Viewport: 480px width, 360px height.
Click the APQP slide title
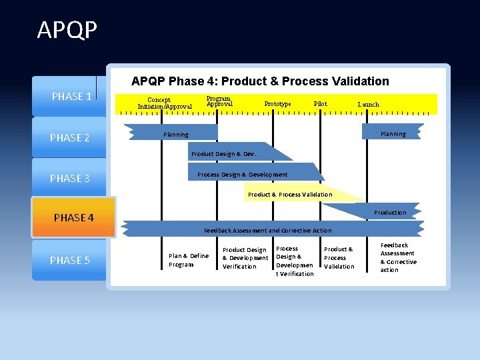tap(67, 30)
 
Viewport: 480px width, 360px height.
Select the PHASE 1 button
tap(71, 97)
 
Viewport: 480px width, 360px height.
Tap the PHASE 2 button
tap(69, 138)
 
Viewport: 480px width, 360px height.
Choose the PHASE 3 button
tap(69, 178)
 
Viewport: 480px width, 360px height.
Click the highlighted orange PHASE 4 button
tap(73, 217)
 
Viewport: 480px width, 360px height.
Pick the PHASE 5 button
tap(69, 260)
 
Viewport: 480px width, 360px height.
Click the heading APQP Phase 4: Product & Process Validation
tap(260, 81)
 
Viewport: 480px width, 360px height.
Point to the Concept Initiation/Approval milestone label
tap(165, 103)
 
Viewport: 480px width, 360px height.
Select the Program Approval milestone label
tap(219, 101)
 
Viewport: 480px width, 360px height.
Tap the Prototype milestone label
tap(277, 104)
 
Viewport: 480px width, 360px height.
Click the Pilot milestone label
tap(320, 104)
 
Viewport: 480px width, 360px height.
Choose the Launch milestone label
tap(368, 105)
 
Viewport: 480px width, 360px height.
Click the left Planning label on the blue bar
tap(176, 135)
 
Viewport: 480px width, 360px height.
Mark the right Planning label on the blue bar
tap(393, 134)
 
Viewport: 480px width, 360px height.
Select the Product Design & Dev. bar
tap(223, 154)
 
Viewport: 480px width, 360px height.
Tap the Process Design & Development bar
tap(243, 175)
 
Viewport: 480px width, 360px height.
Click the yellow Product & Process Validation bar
tap(290, 195)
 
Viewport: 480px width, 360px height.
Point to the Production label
tap(389, 213)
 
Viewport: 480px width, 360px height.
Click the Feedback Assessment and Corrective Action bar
tap(267, 231)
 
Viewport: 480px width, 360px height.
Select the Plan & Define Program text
tap(189, 260)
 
